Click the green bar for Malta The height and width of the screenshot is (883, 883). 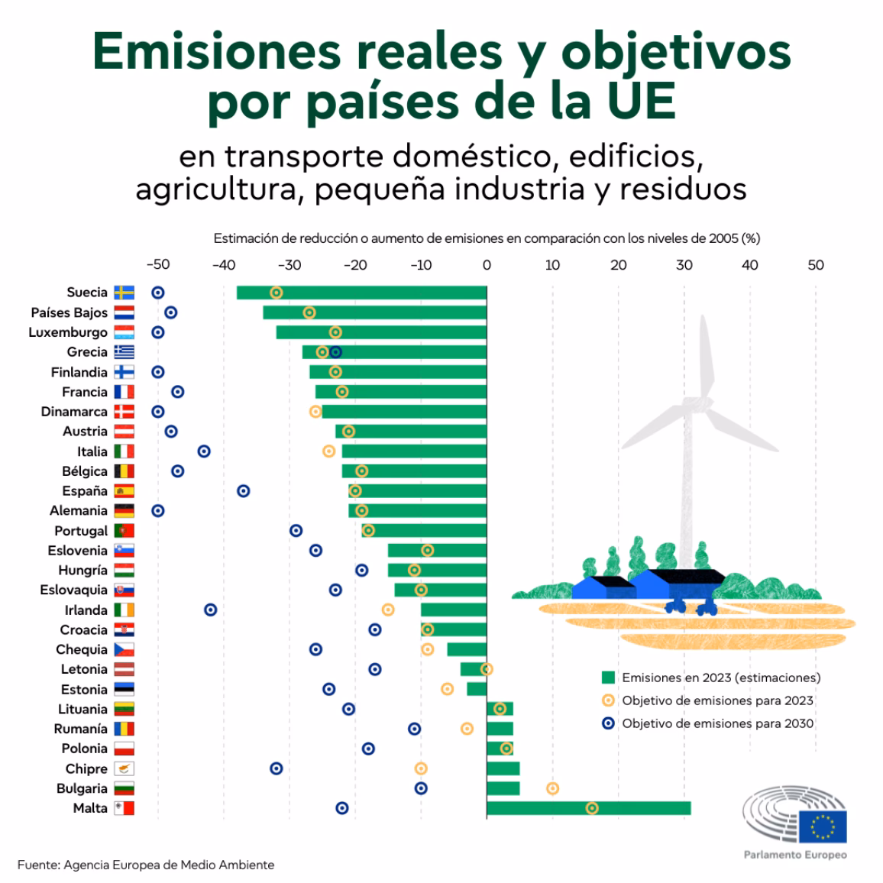click(588, 808)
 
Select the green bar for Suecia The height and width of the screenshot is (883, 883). click(361, 293)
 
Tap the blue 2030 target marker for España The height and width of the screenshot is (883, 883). click(243, 491)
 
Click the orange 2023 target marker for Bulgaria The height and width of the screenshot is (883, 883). click(552, 788)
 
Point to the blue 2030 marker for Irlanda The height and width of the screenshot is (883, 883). click(210, 610)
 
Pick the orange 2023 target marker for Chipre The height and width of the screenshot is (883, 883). click(421, 768)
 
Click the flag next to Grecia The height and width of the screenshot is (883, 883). click(124, 352)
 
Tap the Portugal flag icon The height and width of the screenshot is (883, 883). click(124, 531)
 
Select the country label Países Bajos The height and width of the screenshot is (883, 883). click(69, 312)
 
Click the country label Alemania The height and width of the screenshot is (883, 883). click(78, 511)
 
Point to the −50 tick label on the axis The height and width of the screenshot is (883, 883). click(157, 265)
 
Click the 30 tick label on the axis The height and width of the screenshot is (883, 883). click(684, 265)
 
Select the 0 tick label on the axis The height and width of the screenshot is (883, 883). click(487, 265)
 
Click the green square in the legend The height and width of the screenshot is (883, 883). click(608, 678)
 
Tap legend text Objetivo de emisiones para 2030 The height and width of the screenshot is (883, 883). click(717, 723)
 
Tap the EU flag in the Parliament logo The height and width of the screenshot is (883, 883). click(823, 826)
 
